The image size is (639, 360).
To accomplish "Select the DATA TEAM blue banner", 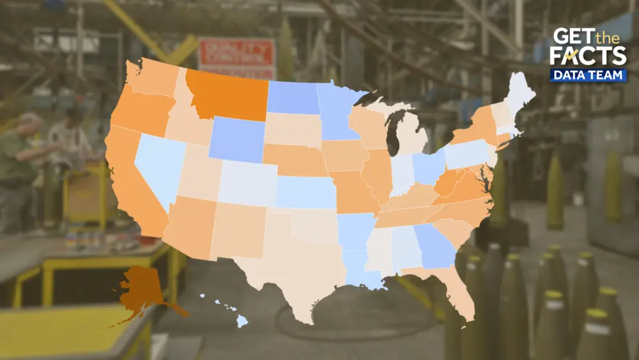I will pos(588,75).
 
